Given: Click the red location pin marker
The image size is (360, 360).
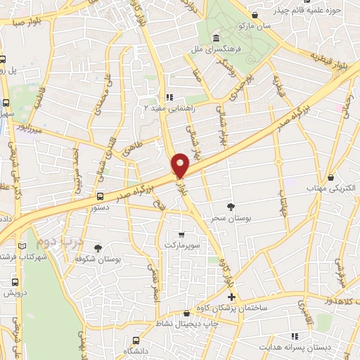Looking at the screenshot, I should click(180, 165).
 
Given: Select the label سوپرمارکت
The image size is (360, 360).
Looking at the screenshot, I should click(181, 244).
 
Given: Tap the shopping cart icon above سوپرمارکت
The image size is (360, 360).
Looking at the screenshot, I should click(181, 234).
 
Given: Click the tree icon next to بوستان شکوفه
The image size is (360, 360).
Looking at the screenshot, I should click(97, 248).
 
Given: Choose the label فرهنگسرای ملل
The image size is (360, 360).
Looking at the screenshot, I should click(214, 51).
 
